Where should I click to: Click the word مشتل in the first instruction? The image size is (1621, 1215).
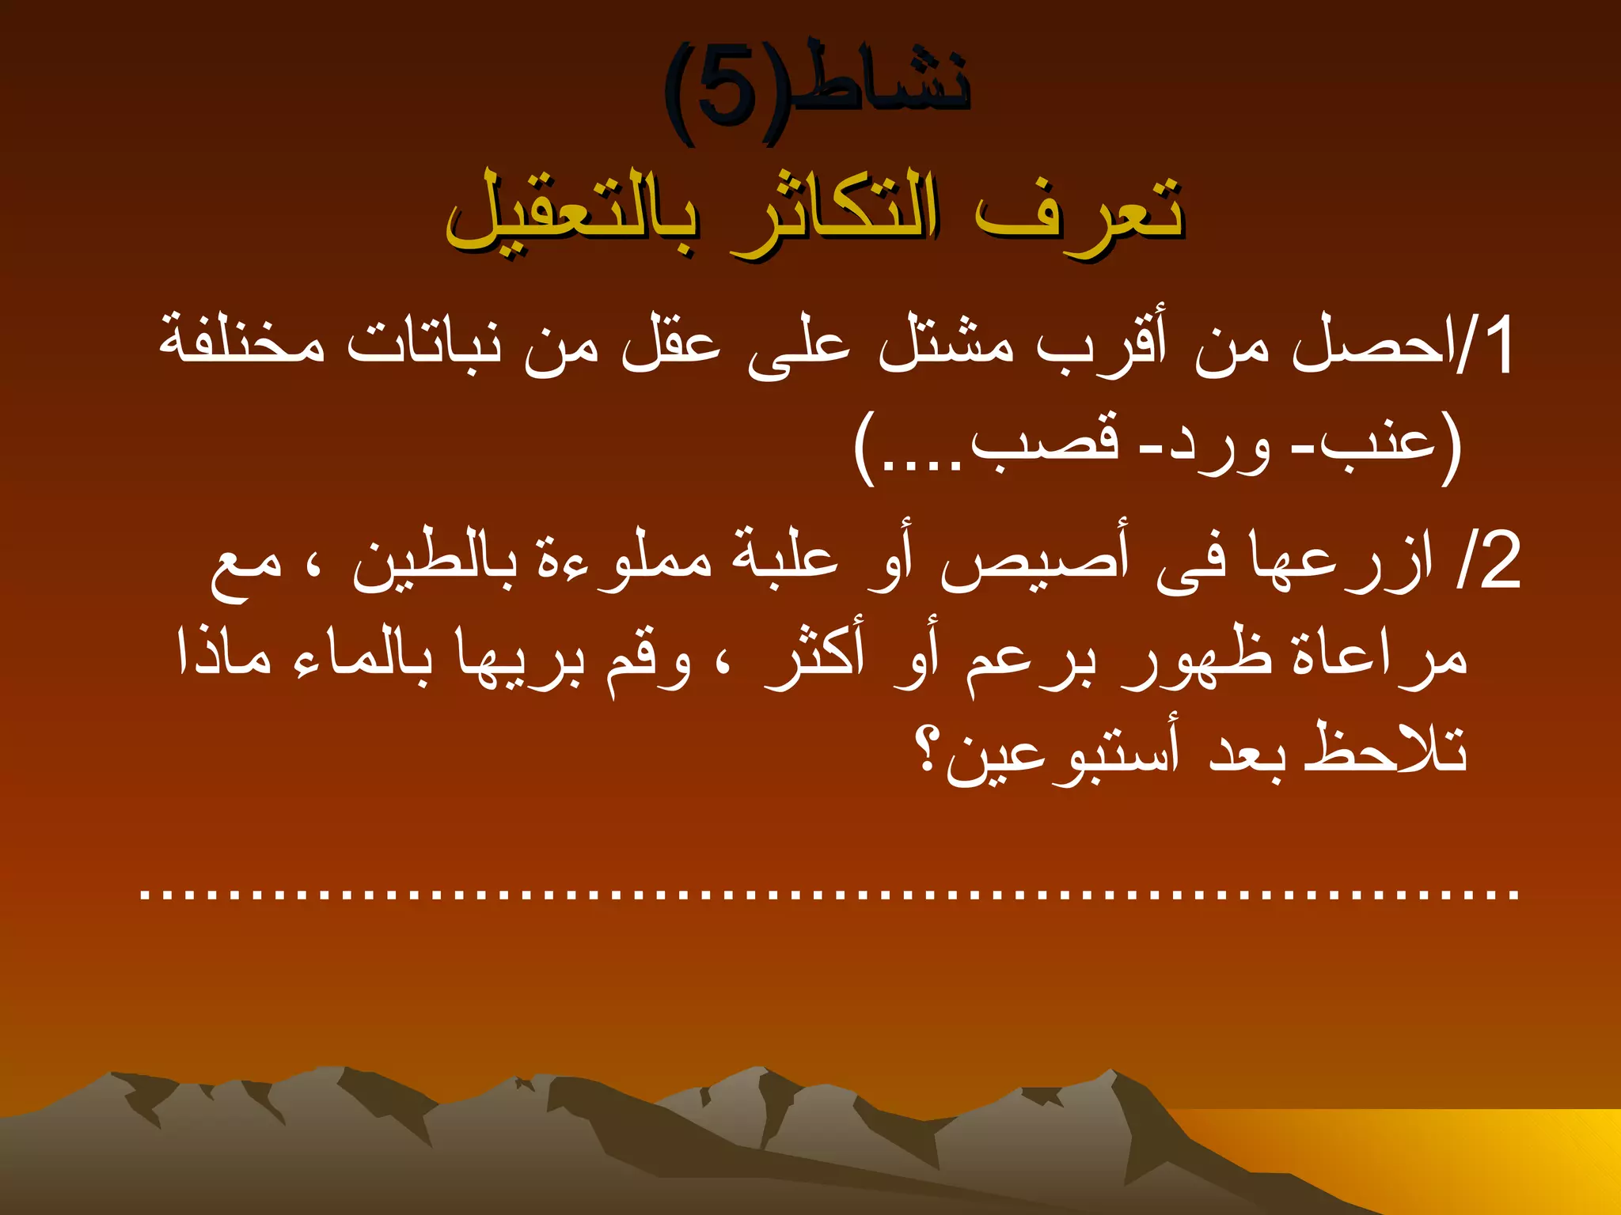946,348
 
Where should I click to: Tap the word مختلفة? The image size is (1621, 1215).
241,344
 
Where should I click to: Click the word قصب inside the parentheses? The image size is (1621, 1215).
1045,443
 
